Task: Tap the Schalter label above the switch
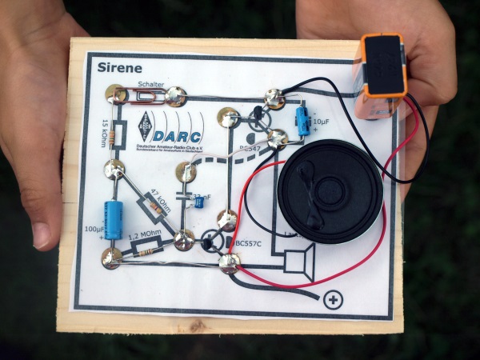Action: (151, 84)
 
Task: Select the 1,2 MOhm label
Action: (144, 237)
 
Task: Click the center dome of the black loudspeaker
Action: (329, 192)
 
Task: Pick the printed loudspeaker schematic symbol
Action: (301, 261)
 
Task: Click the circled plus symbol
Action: (332, 301)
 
